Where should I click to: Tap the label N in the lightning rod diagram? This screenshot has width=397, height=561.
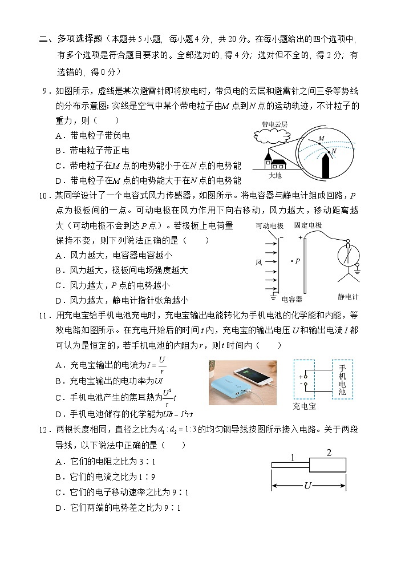click(x=334, y=151)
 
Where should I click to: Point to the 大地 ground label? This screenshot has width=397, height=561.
click(x=275, y=176)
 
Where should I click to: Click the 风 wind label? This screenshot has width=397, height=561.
click(x=258, y=261)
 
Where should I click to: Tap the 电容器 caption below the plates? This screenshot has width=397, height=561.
click(x=292, y=298)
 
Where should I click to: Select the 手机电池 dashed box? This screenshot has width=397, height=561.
click(x=342, y=379)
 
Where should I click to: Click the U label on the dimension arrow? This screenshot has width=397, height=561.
click(x=308, y=486)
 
